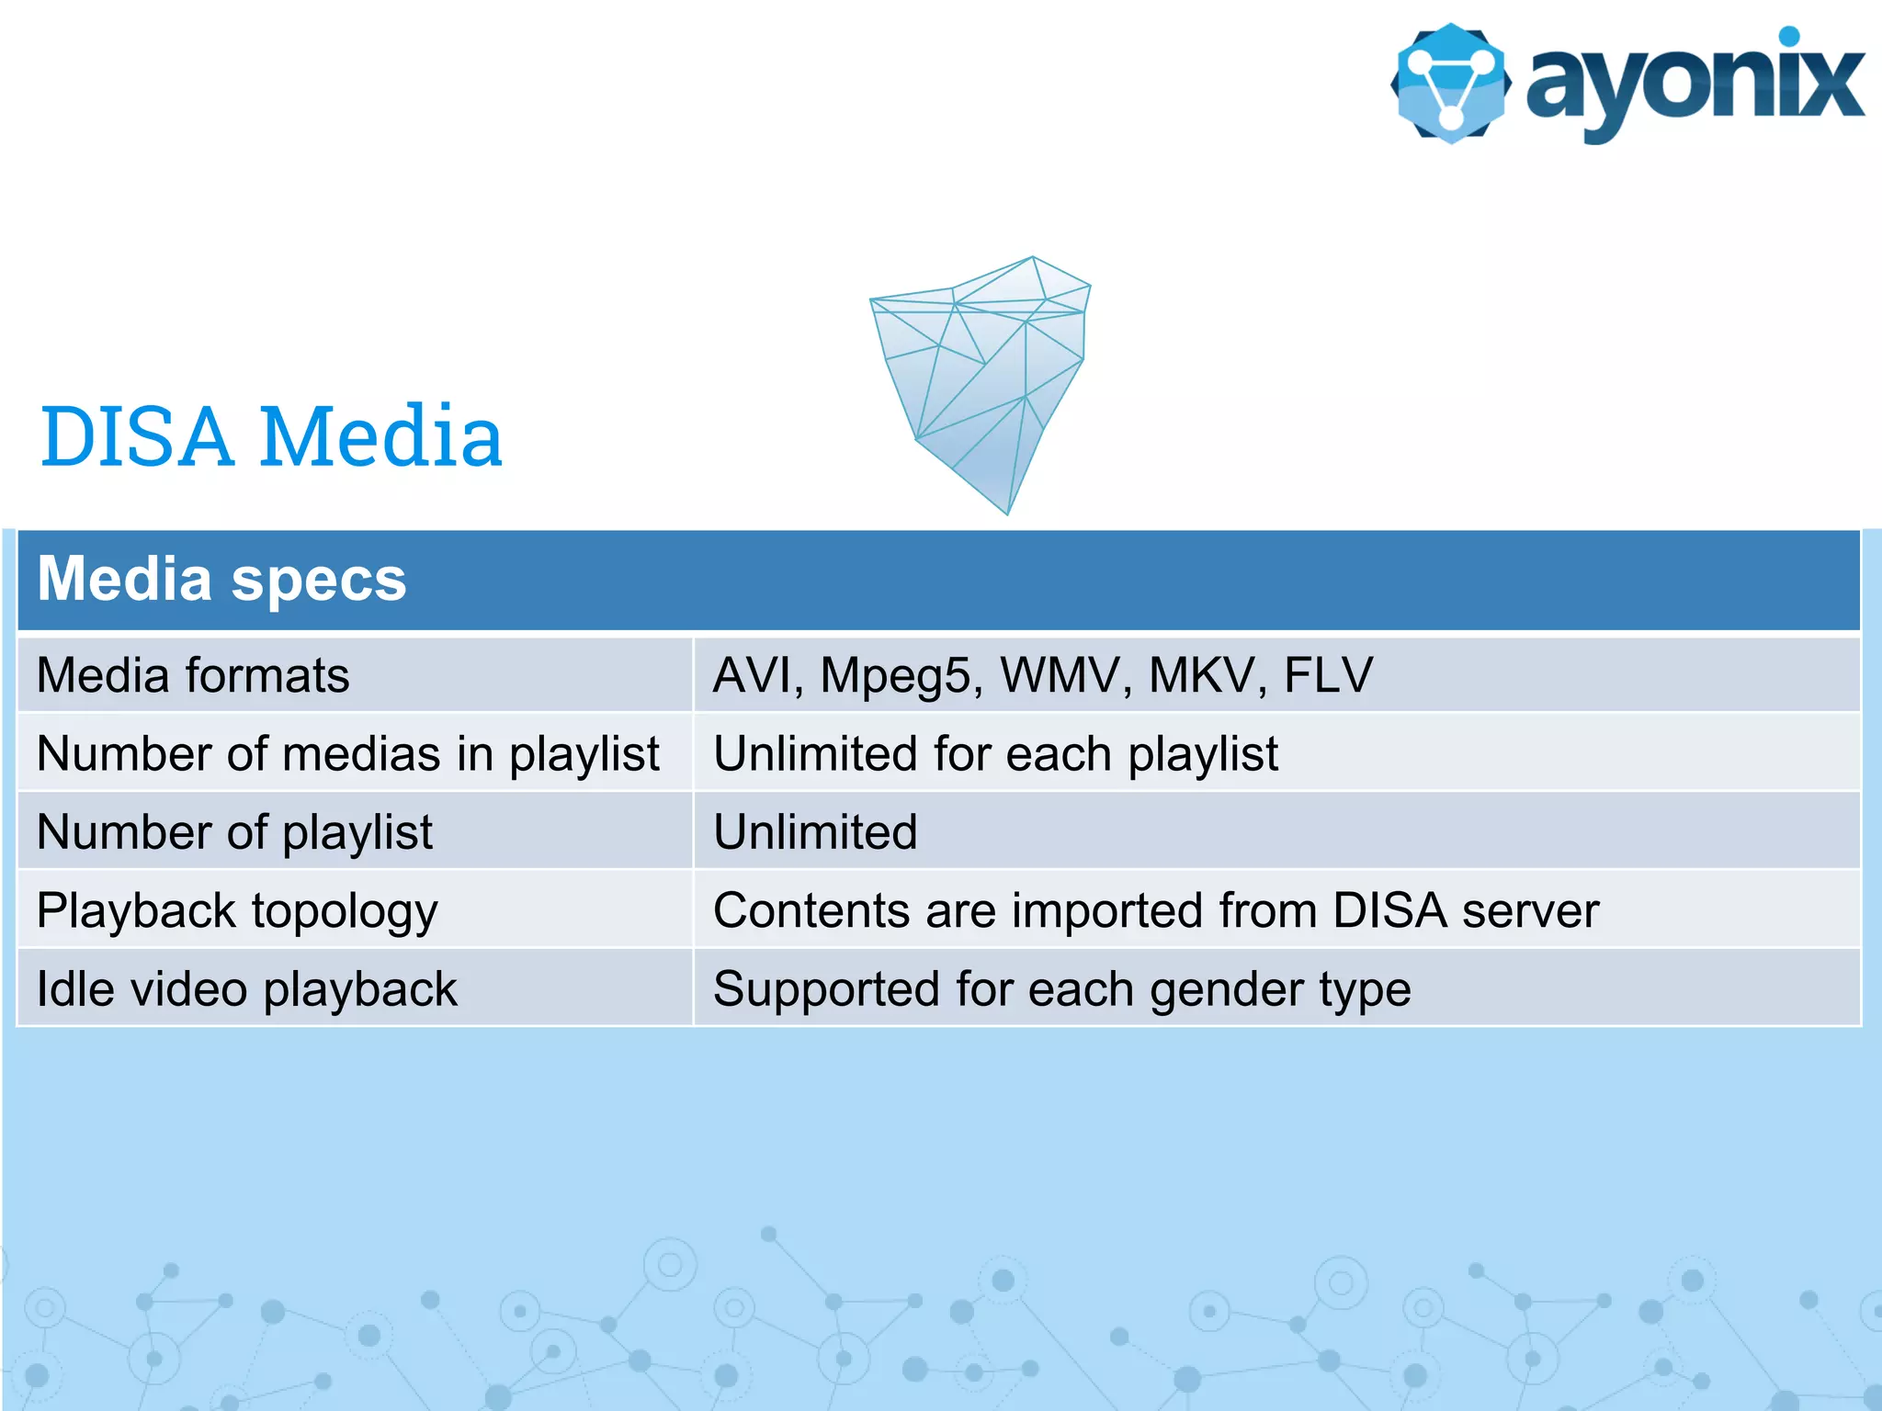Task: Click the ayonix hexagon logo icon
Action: coord(1450,84)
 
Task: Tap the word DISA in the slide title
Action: coord(136,437)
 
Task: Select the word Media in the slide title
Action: coord(380,437)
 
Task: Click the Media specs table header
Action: coord(221,580)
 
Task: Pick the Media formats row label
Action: coord(193,676)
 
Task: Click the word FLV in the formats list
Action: coord(1328,675)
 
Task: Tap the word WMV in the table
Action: coord(1060,675)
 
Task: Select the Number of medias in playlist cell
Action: coord(347,754)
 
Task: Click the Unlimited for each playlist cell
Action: coord(995,754)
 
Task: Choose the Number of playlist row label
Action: coord(234,833)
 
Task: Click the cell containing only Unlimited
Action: coord(815,832)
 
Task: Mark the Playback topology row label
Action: coord(237,911)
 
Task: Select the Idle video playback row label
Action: coord(246,989)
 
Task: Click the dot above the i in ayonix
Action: coord(1788,36)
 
